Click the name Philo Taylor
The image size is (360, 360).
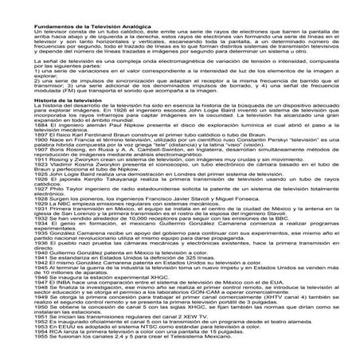[71, 209]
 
